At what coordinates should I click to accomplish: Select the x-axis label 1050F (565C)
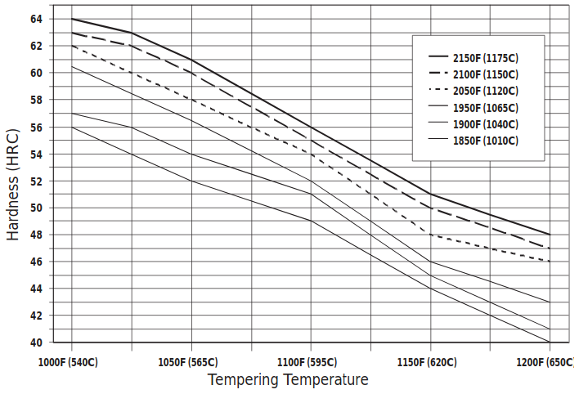(x=189, y=361)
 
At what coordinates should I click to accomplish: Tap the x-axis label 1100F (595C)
(x=308, y=361)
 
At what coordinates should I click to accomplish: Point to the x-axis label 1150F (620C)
(x=427, y=361)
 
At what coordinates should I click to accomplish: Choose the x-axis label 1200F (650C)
(x=545, y=361)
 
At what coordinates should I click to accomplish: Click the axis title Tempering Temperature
(x=288, y=380)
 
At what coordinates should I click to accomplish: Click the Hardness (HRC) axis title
(x=13, y=181)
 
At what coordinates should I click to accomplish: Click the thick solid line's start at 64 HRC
(x=72, y=19)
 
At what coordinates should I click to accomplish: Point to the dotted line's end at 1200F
(x=550, y=262)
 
